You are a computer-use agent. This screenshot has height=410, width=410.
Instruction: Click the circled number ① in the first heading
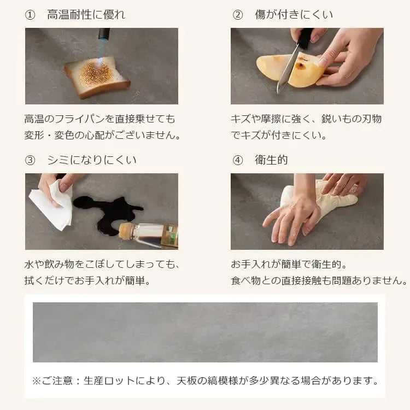click(x=30, y=15)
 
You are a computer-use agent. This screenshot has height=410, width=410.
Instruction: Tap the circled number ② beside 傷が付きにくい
click(x=237, y=15)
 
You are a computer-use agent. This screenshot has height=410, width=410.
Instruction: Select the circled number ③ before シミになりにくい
click(x=30, y=160)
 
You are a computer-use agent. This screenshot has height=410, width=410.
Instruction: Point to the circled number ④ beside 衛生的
click(x=237, y=160)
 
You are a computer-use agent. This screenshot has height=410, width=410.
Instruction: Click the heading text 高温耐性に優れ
click(x=86, y=15)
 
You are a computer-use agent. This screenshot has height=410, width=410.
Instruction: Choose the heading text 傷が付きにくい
click(x=294, y=15)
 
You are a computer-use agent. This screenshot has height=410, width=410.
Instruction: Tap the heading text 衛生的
click(x=271, y=160)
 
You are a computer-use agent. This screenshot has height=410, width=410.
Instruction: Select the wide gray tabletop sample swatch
click(x=205, y=332)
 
